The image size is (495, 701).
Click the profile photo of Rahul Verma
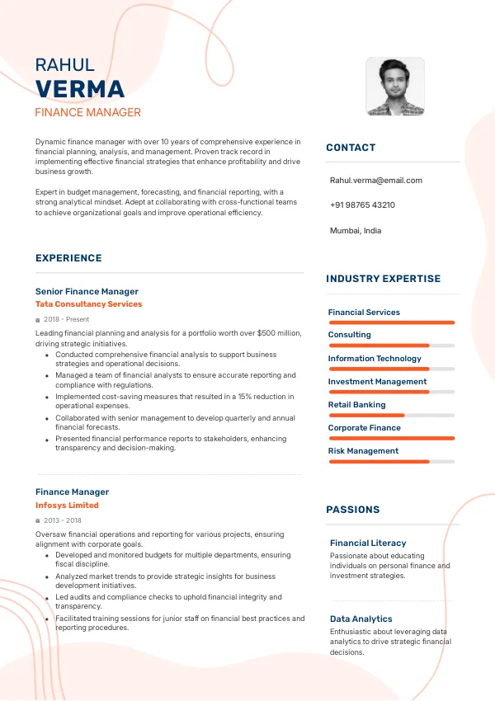coord(395,87)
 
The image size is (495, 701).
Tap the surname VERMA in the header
coord(80,89)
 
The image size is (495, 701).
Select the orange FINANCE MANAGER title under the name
coord(88,112)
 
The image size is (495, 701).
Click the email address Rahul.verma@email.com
coord(375,180)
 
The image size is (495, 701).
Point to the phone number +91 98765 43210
coord(362,205)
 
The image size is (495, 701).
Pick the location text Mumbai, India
coord(356,231)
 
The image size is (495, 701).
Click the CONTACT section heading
coord(351,148)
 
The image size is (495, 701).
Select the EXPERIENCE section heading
coord(68,258)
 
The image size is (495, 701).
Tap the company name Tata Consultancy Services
coord(88,304)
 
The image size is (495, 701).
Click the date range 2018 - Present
coord(66,319)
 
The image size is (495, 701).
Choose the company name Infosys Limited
coord(67,506)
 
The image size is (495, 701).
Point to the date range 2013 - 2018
coord(62,520)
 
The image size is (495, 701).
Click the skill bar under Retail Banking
coord(391,415)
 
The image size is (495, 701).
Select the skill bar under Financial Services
coord(391,322)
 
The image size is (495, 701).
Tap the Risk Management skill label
coord(363,451)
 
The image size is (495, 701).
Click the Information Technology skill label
coord(375,359)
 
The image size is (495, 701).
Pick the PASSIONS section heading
coord(353,510)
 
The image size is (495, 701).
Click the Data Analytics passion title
coord(361,619)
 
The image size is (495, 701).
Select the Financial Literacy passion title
coord(368,543)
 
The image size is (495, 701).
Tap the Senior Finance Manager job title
coord(87,291)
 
